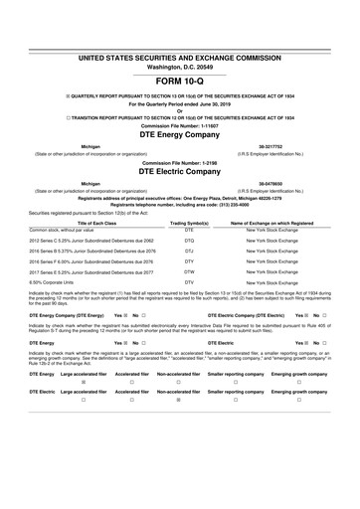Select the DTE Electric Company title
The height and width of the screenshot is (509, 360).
click(x=180, y=171)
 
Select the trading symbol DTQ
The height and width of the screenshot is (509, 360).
click(x=188, y=240)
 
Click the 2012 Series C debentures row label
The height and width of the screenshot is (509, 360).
click(x=91, y=240)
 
